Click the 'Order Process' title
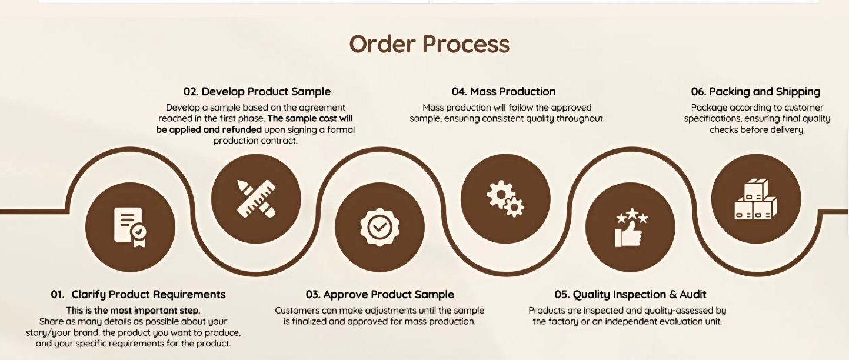(x=429, y=45)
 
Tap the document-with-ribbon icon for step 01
(x=130, y=228)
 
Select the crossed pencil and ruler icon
(x=256, y=199)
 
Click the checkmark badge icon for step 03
(x=379, y=227)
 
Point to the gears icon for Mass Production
(x=505, y=199)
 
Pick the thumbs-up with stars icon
(x=631, y=228)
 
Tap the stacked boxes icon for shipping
(x=756, y=199)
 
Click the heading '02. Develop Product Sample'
(x=257, y=92)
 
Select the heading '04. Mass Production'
(x=504, y=92)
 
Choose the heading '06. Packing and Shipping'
(x=756, y=92)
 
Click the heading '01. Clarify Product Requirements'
(x=138, y=295)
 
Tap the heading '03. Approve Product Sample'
(x=379, y=295)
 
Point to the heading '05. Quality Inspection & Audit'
(x=630, y=295)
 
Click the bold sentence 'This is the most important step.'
(x=134, y=311)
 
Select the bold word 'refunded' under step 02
(x=242, y=129)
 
